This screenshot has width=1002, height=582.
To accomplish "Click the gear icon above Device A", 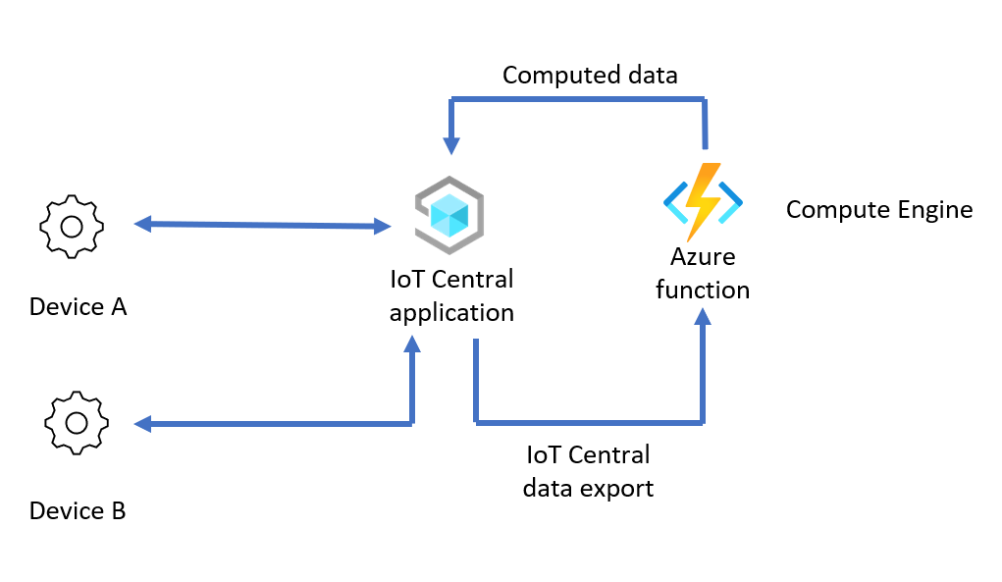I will click(71, 226).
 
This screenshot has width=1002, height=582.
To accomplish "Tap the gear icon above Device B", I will click(76, 422).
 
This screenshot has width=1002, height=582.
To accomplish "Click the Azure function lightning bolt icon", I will click(703, 200).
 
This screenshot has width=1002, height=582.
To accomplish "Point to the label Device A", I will click(78, 307).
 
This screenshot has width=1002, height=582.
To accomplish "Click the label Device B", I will click(78, 511).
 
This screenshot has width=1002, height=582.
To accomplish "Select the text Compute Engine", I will click(879, 209).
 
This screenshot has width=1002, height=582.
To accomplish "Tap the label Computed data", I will click(590, 76).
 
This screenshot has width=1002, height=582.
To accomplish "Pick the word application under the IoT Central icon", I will click(451, 313).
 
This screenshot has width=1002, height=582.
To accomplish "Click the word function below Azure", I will click(703, 291).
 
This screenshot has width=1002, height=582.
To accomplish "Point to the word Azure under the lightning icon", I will click(703, 257).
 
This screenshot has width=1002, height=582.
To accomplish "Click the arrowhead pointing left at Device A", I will click(142, 225).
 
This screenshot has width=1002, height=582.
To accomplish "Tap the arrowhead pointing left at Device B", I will click(143, 424).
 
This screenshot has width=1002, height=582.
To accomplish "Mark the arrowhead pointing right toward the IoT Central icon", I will click(383, 227).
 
